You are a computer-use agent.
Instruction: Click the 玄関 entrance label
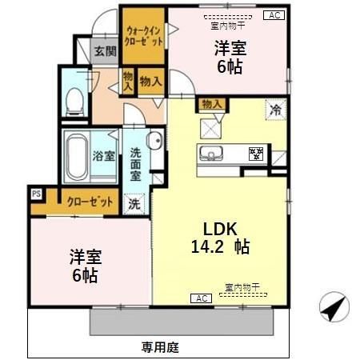click(105, 50)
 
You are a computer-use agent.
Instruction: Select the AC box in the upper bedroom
click(273, 14)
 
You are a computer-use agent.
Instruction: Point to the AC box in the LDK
click(200, 298)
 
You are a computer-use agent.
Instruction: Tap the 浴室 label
click(104, 154)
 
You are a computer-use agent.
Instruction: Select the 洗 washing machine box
click(134, 203)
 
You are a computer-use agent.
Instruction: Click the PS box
click(36, 193)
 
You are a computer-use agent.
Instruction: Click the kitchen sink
click(214, 154)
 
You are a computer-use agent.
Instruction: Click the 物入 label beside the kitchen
click(211, 103)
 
